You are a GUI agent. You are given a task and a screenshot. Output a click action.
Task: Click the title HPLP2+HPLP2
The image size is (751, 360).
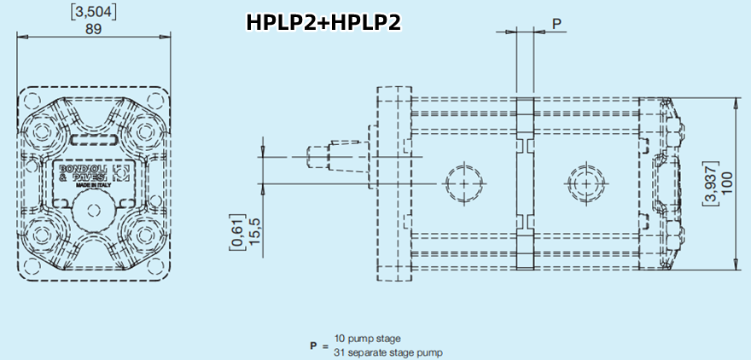[x=323, y=22]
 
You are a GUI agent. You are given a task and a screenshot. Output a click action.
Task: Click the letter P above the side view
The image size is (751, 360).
[x=557, y=23]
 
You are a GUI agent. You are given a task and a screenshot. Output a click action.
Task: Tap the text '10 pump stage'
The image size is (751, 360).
[x=367, y=340]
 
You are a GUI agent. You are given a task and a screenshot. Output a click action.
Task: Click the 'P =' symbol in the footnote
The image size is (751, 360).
[x=317, y=346]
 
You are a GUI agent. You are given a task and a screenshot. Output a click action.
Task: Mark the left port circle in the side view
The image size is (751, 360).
[x=463, y=183]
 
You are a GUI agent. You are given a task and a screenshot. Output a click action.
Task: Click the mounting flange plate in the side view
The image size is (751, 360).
[x=393, y=183]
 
